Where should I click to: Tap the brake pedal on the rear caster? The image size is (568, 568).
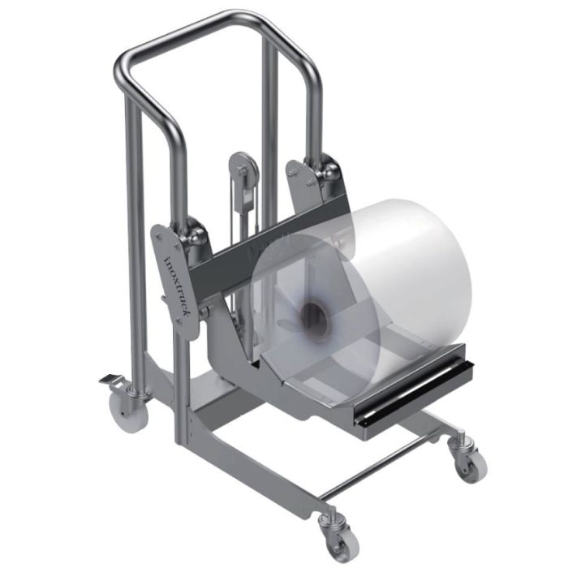click(109, 380)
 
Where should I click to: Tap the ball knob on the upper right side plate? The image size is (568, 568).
click(329, 172)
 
